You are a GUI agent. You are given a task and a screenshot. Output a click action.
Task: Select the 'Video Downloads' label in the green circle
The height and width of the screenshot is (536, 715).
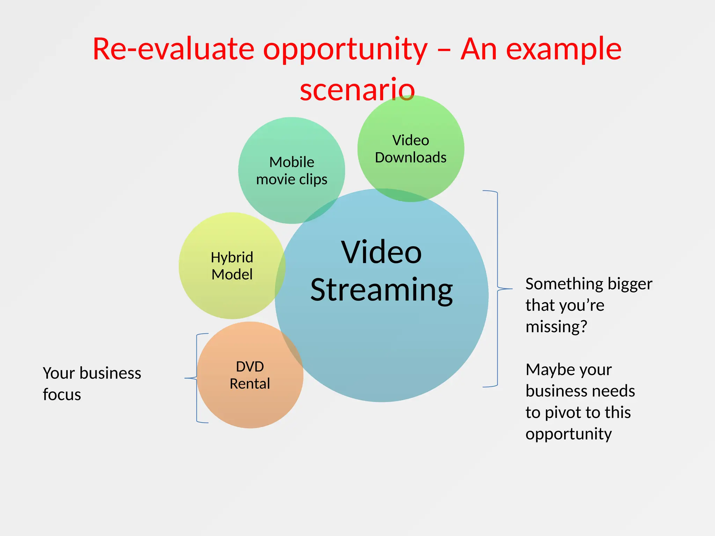(411, 149)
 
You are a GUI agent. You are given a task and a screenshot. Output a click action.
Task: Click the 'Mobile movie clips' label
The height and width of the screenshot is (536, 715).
(292, 171)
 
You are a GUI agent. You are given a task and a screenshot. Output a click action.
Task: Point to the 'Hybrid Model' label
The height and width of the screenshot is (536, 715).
(232, 266)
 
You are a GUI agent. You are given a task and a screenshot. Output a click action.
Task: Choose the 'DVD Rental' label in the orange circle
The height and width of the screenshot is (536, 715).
(250, 375)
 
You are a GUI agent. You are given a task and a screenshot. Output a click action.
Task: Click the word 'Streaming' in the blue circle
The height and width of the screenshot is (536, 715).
(382, 290)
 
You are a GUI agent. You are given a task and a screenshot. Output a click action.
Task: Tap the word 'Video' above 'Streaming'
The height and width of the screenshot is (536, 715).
(382, 252)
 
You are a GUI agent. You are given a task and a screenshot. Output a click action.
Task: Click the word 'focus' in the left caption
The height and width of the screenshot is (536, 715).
(62, 395)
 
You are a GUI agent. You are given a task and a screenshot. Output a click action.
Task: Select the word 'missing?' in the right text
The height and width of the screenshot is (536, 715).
(556, 327)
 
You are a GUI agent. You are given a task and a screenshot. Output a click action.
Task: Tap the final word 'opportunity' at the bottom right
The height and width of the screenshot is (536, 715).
(568, 434)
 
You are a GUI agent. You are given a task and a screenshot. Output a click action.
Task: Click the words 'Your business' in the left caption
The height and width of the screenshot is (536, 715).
(92, 373)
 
